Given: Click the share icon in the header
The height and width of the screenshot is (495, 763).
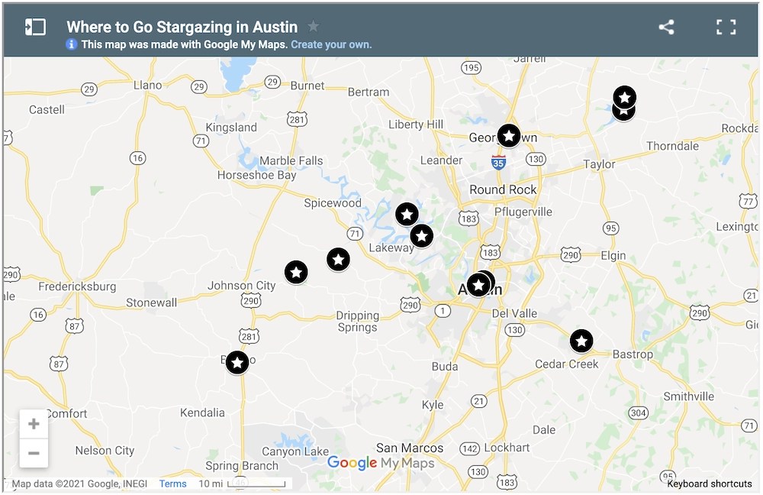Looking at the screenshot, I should (x=666, y=27).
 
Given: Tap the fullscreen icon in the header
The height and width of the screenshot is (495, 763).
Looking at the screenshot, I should (x=726, y=27).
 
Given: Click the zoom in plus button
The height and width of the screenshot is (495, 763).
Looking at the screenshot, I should (x=34, y=424).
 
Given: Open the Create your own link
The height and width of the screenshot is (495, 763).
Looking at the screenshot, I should (x=331, y=44).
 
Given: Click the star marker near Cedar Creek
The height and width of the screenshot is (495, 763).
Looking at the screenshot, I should (x=581, y=341).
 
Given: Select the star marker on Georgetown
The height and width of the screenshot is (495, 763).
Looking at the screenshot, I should (x=509, y=135).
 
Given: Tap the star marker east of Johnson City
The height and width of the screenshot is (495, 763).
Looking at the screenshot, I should (x=296, y=272).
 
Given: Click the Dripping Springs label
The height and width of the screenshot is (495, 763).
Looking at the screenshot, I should (x=358, y=321).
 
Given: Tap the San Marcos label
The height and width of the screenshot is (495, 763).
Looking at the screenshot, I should (x=410, y=448).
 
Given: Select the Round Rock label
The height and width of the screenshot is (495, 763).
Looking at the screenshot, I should (x=503, y=189).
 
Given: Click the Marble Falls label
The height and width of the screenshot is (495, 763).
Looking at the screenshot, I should (x=291, y=160).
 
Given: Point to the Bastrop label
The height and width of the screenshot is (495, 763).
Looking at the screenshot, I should (x=633, y=354).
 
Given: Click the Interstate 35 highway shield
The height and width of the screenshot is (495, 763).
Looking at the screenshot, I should (x=498, y=162).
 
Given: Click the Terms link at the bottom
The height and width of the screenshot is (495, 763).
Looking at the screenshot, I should (x=172, y=484).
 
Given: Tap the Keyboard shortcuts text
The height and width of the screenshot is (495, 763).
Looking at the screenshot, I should (x=709, y=484).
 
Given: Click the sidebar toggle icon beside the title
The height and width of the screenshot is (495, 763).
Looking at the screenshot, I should (x=35, y=27).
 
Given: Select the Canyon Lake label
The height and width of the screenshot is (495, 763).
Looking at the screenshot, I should (x=295, y=451).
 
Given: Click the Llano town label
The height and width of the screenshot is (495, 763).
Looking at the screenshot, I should (x=147, y=85).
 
